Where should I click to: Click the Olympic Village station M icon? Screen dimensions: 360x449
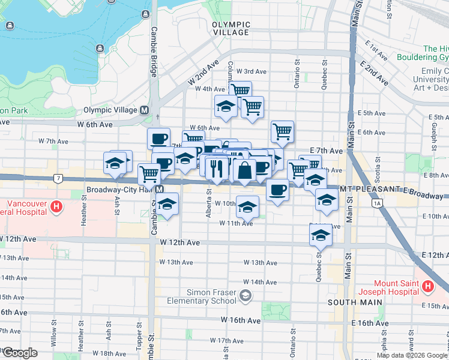tap(144, 110)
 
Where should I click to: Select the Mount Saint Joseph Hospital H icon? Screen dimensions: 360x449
tap(427, 287)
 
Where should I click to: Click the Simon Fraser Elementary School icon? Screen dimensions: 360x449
tap(245, 295)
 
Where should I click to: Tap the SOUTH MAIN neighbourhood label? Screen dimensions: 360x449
tap(355, 302)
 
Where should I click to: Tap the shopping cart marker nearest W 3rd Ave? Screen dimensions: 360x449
tap(241, 91)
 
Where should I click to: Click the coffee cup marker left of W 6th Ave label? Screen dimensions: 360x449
tap(159, 139)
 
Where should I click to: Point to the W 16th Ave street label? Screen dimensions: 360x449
tap(240, 321)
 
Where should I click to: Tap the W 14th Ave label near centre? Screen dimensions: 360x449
tap(260, 282)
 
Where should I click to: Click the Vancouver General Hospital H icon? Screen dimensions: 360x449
tap(56, 207)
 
